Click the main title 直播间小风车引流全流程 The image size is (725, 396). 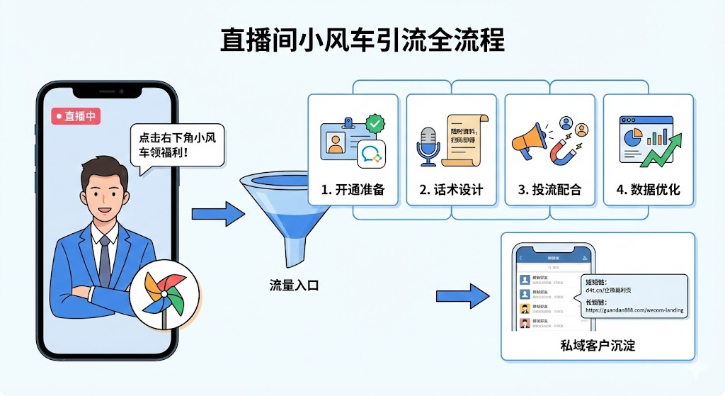362,40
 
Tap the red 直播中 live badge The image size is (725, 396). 76,116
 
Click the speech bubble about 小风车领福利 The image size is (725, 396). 177,145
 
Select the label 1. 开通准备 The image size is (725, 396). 352,190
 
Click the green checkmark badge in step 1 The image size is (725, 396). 375,125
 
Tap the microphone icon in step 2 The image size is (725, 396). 427,145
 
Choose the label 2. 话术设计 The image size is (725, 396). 451,190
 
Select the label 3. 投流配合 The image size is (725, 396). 549,190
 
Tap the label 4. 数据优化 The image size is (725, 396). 649,190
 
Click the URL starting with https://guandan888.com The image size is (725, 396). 634,310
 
